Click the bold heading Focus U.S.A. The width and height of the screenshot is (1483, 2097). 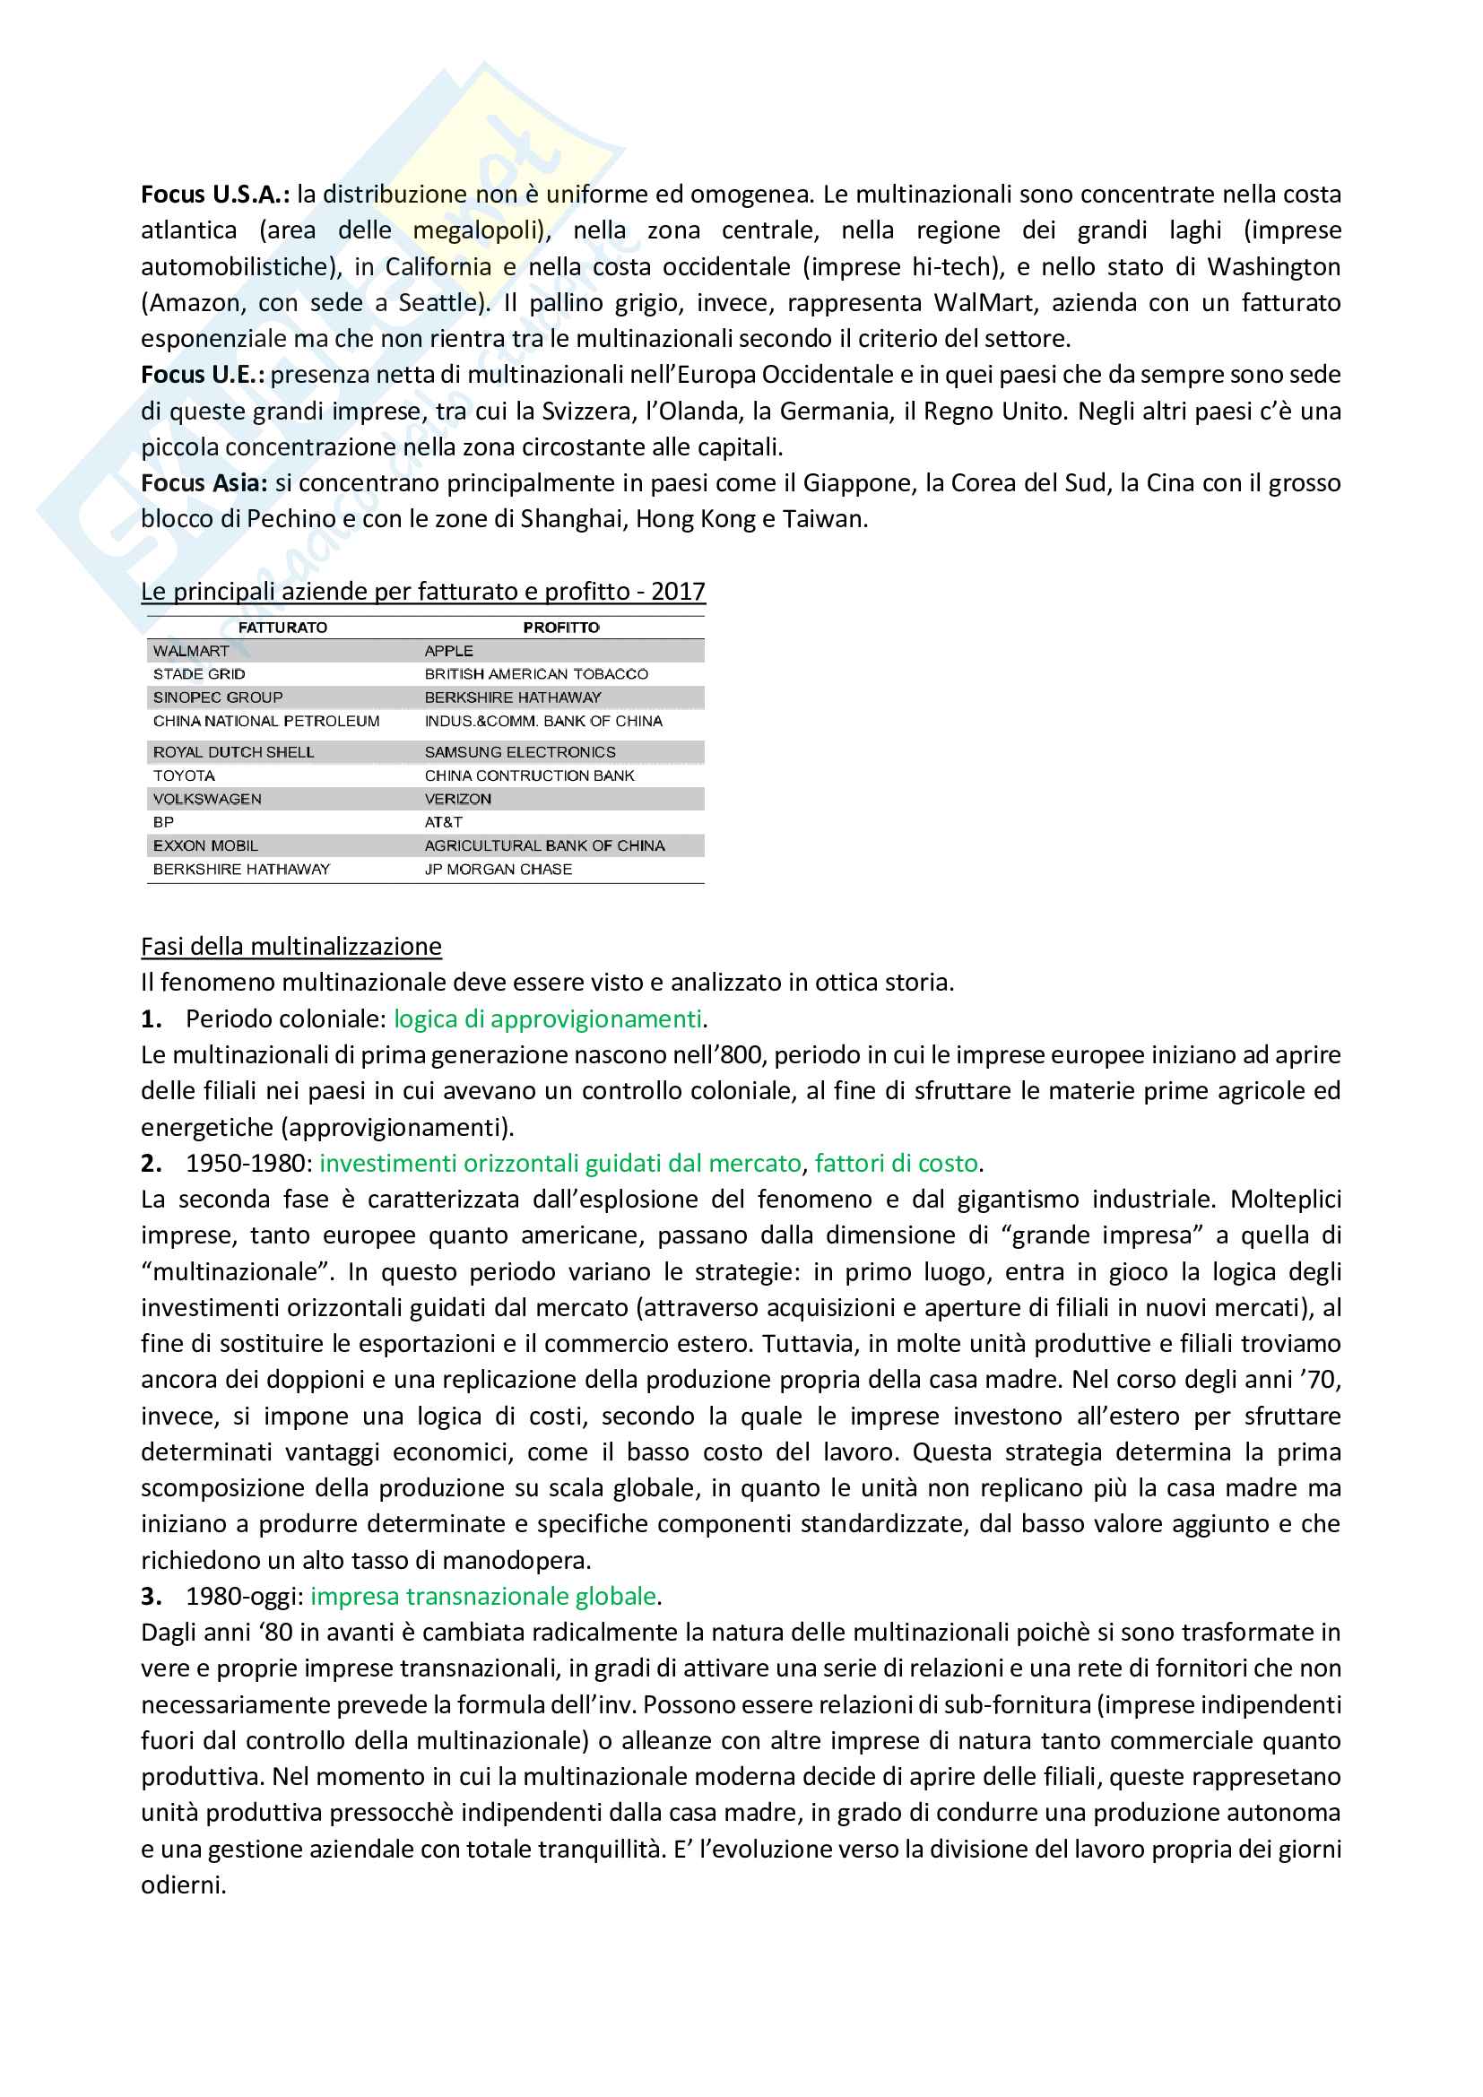coord(215,195)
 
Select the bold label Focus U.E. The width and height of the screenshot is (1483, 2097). coord(204,375)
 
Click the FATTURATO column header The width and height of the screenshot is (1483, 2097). coord(282,628)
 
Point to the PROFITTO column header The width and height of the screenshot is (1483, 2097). coord(560,628)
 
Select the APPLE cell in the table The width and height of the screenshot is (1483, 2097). coord(448,651)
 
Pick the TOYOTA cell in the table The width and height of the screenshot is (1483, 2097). coord(185,776)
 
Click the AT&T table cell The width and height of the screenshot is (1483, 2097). coord(443,822)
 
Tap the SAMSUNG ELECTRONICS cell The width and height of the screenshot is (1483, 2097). coord(520,751)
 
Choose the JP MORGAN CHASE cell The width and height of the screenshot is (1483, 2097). coord(498,870)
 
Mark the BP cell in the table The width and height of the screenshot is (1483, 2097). coord(163,822)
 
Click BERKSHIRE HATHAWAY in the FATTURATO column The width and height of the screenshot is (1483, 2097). coord(241,870)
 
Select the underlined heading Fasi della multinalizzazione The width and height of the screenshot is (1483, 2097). coord(291,946)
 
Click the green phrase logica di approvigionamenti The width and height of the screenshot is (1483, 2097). coord(547,1018)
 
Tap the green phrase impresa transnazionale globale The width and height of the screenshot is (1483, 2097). coord(483,1596)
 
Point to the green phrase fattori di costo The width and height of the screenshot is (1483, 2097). coord(896,1163)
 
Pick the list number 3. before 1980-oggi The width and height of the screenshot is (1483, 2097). coord(152,1596)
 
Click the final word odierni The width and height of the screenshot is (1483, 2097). coord(183,1885)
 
